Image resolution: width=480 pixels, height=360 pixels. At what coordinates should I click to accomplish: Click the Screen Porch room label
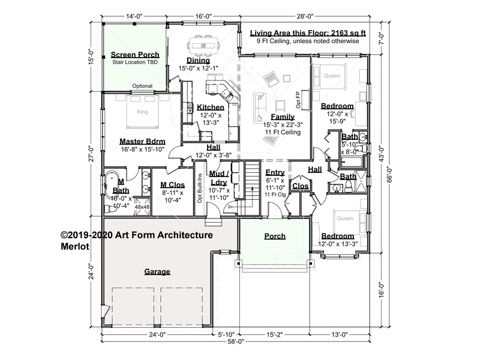tap(135, 55)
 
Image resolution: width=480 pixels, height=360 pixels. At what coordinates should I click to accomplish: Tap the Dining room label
tap(199, 61)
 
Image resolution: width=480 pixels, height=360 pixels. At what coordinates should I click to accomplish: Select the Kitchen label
tap(211, 107)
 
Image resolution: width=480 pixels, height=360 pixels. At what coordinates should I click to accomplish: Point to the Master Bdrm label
tap(142, 142)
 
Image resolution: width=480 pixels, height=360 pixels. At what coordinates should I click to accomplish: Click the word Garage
tap(157, 272)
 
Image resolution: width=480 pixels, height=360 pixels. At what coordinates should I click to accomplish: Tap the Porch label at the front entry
tap(275, 236)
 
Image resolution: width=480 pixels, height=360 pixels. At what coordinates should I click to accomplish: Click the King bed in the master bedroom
tap(143, 112)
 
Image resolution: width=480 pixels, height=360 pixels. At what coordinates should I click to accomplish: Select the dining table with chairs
tap(203, 46)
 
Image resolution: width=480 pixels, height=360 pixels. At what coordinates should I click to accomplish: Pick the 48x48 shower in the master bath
tap(142, 206)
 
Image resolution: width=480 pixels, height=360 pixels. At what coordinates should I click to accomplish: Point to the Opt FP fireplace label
tap(298, 100)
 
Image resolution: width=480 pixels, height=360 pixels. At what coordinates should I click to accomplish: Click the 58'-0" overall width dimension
tap(236, 341)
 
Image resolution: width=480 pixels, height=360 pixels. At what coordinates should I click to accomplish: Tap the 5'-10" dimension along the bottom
tap(226, 335)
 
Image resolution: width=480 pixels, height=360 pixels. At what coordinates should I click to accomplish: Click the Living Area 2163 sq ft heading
tap(308, 33)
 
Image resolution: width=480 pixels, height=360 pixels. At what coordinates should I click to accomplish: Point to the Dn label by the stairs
tap(230, 207)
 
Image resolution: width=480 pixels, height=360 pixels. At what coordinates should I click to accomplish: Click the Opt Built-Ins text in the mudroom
tap(200, 188)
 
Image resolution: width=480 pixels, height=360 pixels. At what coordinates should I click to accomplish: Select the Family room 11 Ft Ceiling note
tap(283, 132)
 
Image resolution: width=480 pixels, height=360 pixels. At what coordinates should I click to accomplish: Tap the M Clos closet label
tap(173, 185)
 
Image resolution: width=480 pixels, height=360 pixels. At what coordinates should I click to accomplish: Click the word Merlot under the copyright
tap(75, 247)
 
